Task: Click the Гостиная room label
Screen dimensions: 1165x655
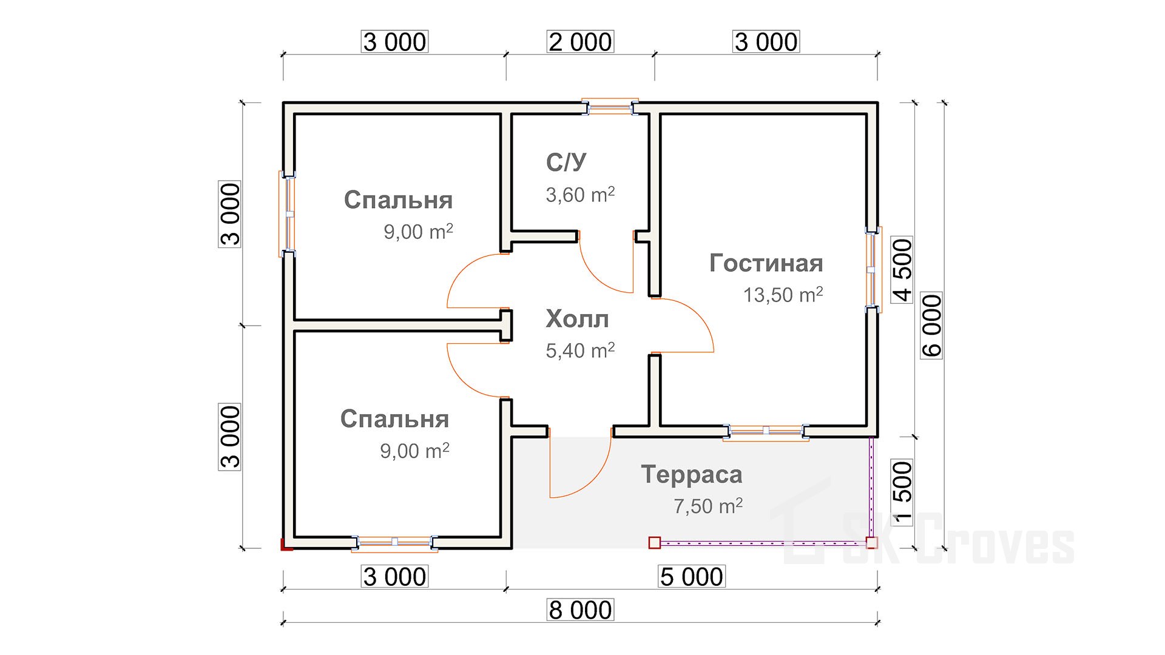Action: [x=766, y=263]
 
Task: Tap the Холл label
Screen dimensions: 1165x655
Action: [x=577, y=319]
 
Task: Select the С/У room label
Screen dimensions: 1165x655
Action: [x=566, y=162]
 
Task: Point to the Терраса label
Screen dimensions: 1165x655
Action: [x=692, y=474]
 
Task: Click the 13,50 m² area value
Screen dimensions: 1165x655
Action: [x=783, y=295]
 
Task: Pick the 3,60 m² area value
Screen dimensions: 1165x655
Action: [x=580, y=195]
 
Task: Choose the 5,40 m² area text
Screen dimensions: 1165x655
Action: [x=580, y=350]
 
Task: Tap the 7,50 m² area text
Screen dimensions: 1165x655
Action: [x=708, y=506]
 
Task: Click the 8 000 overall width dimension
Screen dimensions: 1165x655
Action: [x=580, y=610]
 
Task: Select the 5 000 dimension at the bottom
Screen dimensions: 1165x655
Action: [x=692, y=576]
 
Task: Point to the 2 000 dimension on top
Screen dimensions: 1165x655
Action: [x=580, y=42]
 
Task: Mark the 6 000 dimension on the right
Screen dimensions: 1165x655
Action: [x=931, y=325]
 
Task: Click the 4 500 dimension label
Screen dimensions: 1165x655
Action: [x=902, y=270]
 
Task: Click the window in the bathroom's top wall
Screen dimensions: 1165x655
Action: [x=610, y=107]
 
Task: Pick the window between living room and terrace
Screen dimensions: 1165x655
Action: [x=766, y=431]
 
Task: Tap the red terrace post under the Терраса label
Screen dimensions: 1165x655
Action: [x=654, y=542]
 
